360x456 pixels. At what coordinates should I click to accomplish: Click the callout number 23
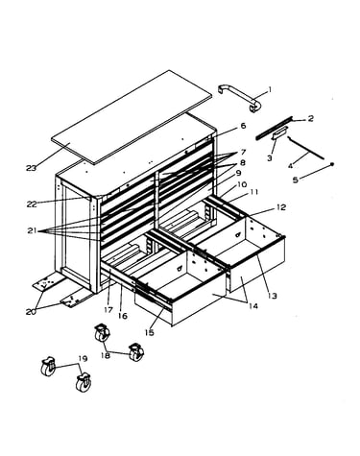point(32,168)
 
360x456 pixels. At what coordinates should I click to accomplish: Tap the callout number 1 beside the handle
point(270,89)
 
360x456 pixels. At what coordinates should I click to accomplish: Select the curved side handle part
point(239,98)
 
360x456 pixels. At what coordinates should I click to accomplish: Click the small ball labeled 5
point(332,164)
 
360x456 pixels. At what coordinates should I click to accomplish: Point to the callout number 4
point(290,166)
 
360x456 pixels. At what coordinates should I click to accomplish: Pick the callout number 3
point(270,158)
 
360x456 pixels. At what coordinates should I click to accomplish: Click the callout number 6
point(243,126)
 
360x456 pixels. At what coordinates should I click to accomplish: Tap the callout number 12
point(281,207)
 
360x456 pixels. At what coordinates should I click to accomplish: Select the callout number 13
point(273,296)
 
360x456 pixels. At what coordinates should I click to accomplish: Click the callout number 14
point(252,306)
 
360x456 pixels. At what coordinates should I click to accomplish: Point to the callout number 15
point(149,332)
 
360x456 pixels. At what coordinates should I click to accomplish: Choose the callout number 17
point(108,310)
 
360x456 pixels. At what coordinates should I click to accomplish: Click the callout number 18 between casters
point(106,355)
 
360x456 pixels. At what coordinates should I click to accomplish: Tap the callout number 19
point(83,359)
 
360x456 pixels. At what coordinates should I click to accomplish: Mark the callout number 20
point(31,312)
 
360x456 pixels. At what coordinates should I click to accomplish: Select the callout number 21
point(32,230)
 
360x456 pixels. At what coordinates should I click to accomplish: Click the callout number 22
point(32,204)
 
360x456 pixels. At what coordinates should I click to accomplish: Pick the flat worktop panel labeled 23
point(132,117)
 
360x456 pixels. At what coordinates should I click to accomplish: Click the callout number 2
point(310,119)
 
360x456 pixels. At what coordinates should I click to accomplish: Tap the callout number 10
point(242,184)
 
